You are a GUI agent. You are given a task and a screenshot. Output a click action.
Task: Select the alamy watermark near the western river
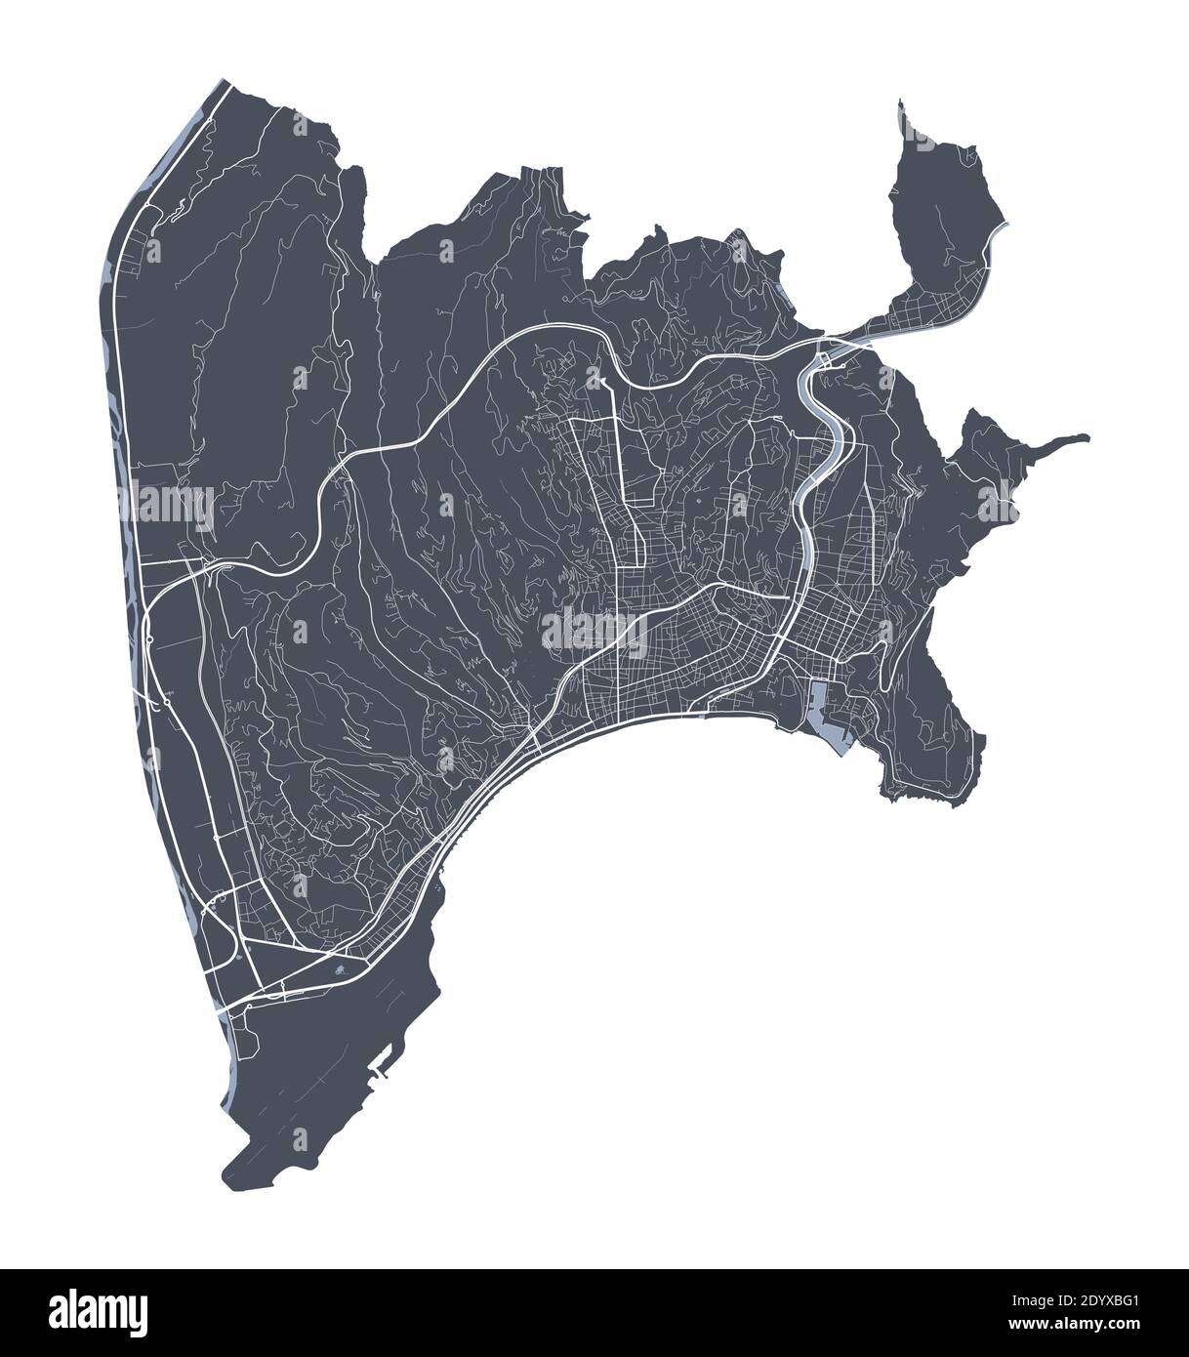pyautogui.click(x=172, y=504)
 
